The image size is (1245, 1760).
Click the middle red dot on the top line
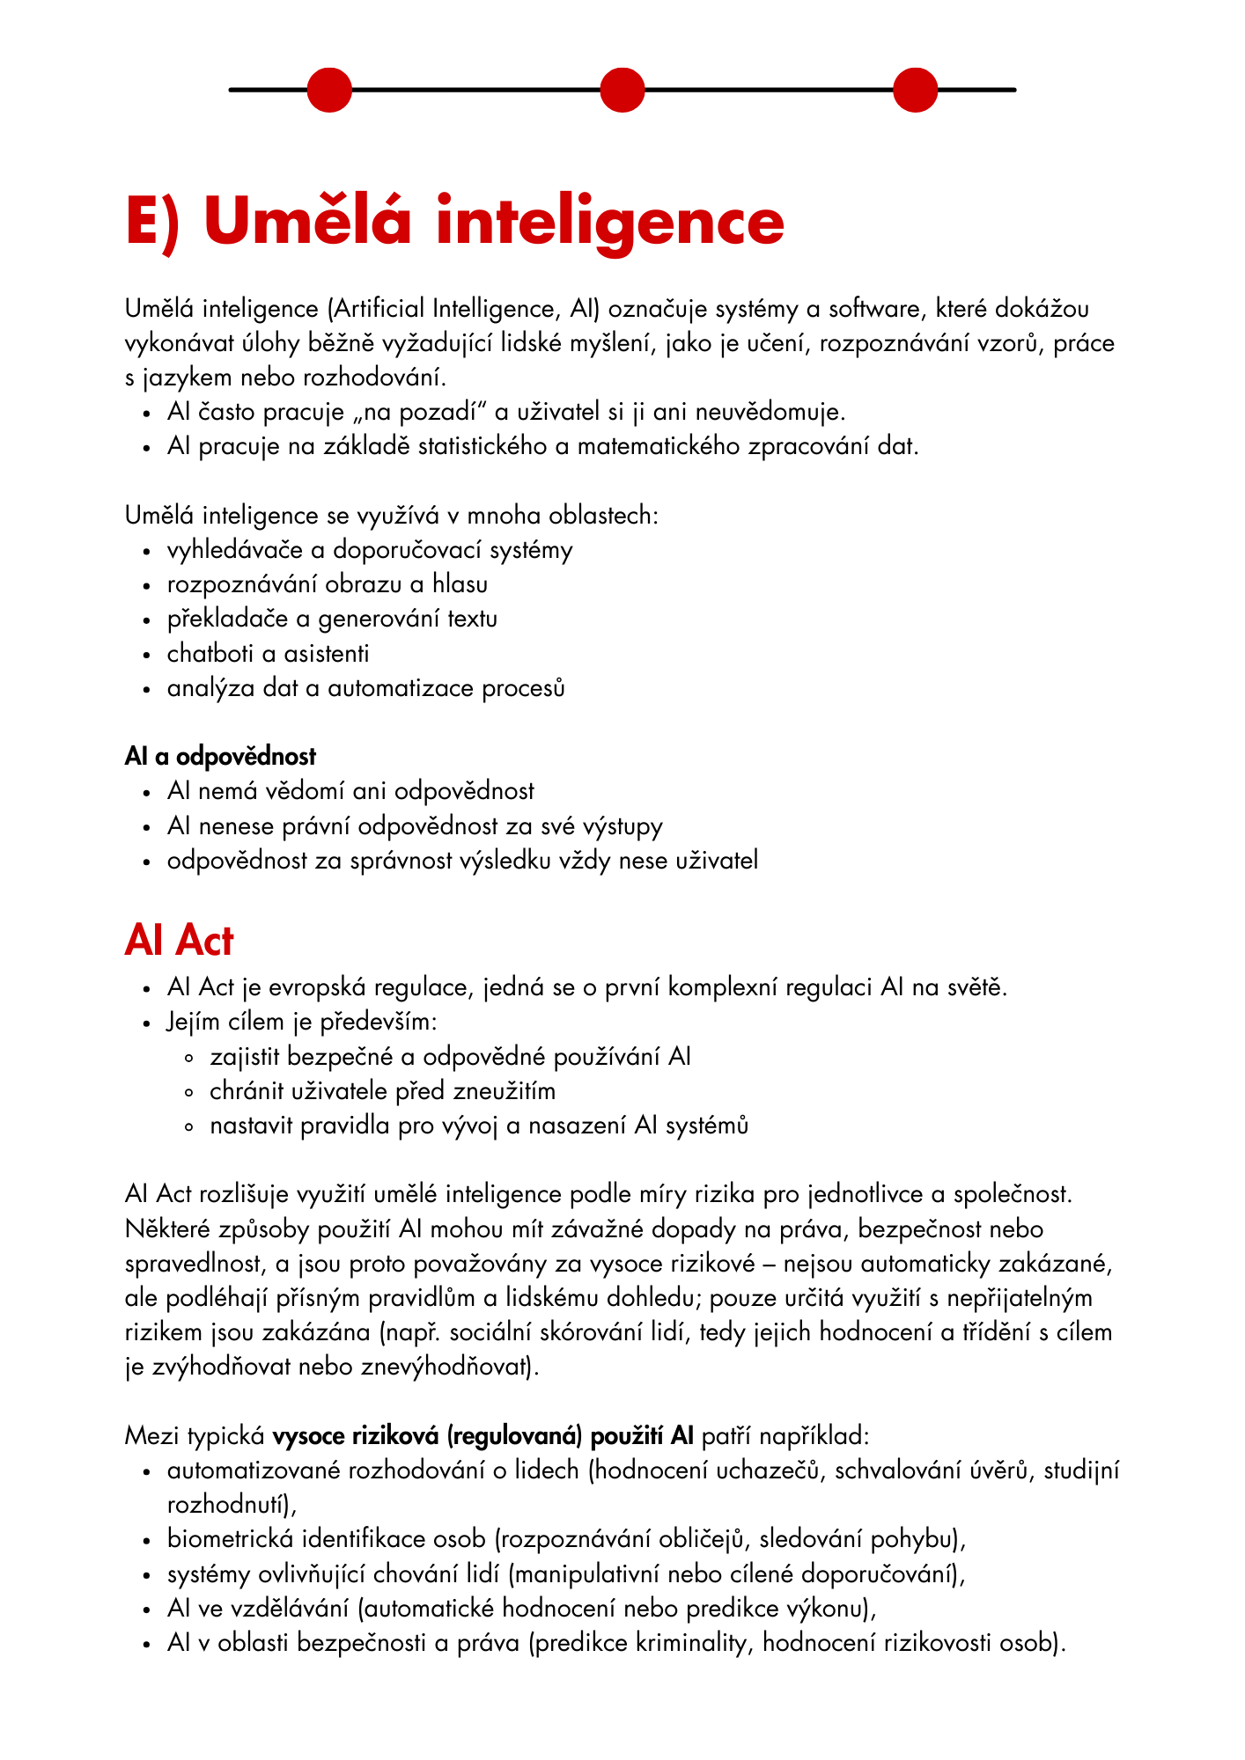622,90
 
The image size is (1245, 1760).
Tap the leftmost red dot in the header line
329,90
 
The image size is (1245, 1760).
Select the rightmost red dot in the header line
915,90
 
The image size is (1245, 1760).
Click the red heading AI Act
179,941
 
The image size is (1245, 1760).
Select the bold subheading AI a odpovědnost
220,756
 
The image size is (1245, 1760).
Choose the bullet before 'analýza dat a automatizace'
147,689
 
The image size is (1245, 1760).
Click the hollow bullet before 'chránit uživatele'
189,1092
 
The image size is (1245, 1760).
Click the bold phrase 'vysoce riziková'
356,1436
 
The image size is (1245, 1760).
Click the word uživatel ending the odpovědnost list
716,861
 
